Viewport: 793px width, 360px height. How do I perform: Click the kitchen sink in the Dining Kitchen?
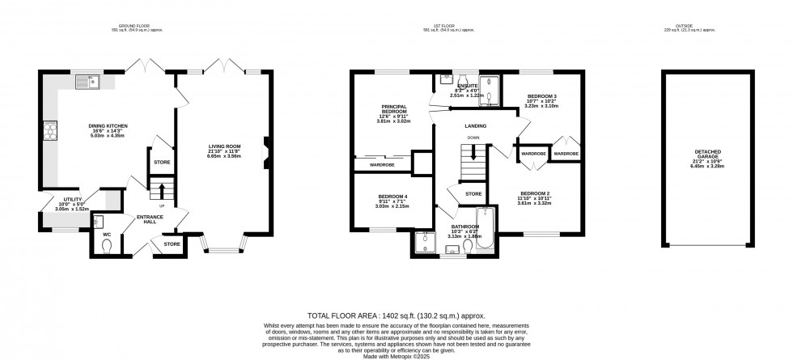[92, 79]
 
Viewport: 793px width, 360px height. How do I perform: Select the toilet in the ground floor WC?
[107, 248]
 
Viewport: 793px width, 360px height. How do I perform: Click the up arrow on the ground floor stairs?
[161, 191]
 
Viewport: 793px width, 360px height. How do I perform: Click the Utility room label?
[61, 203]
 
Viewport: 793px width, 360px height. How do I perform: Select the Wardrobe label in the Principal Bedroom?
[381, 164]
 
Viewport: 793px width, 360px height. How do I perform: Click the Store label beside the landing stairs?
[473, 194]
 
